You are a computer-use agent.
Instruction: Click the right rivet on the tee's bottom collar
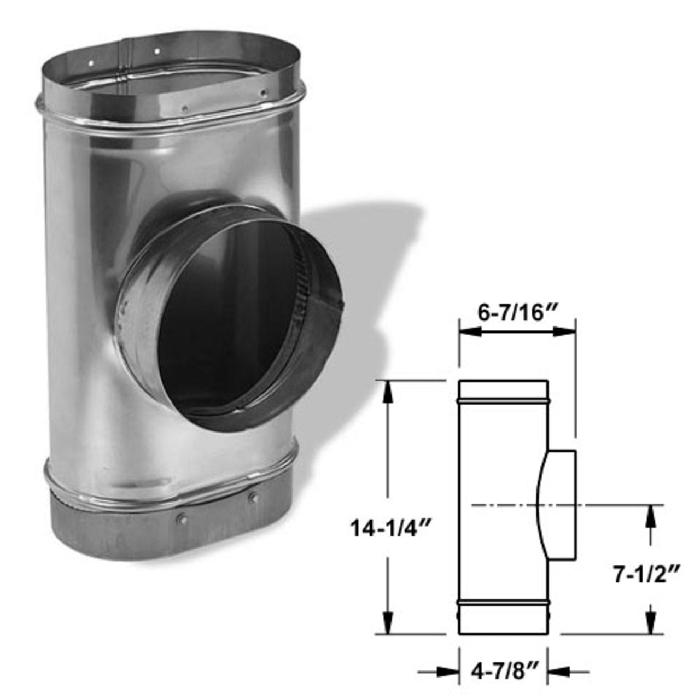(252, 498)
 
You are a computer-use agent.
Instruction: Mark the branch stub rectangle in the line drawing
(561, 506)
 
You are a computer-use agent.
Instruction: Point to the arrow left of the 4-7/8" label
(447, 670)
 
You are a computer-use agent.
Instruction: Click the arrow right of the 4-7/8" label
(558, 670)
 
